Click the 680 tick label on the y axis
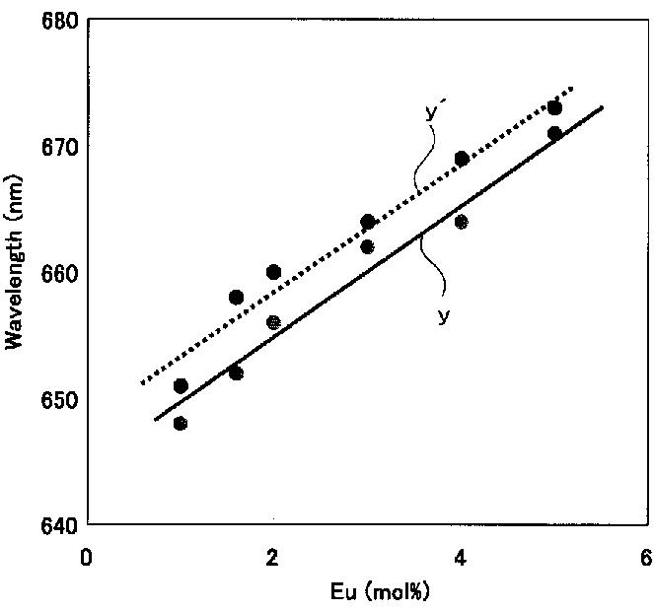pyautogui.click(x=60, y=20)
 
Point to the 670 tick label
pyautogui.click(x=60, y=147)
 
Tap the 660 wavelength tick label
pyautogui.click(x=60, y=274)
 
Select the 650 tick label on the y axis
pyautogui.click(x=60, y=400)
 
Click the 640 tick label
pyautogui.click(x=60, y=526)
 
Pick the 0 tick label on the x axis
pyautogui.click(x=86, y=557)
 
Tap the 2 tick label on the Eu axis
pyautogui.click(x=272, y=557)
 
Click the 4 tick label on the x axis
pyautogui.click(x=460, y=557)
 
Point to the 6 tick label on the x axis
pyautogui.click(x=647, y=557)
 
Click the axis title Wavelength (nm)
pyautogui.click(x=14, y=262)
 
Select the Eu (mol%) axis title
pyautogui.click(x=380, y=591)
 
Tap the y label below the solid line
pyautogui.click(x=444, y=315)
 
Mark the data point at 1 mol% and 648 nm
pyautogui.click(x=181, y=424)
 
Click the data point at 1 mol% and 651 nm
pyautogui.click(x=181, y=386)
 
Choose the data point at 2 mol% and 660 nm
pyautogui.click(x=273, y=272)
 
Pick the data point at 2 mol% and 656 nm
pyautogui.click(x=273, y=322)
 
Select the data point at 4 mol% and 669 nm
pyautogui.click(x=462, y=159)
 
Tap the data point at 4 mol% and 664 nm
pyautogui.click(x=461, y=222)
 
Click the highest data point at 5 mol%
pyautogui.click(x=554, y=108)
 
